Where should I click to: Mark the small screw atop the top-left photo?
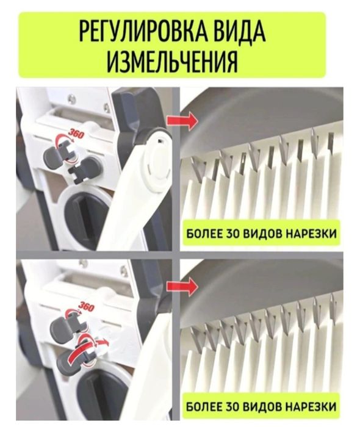[x=71, y=97]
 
